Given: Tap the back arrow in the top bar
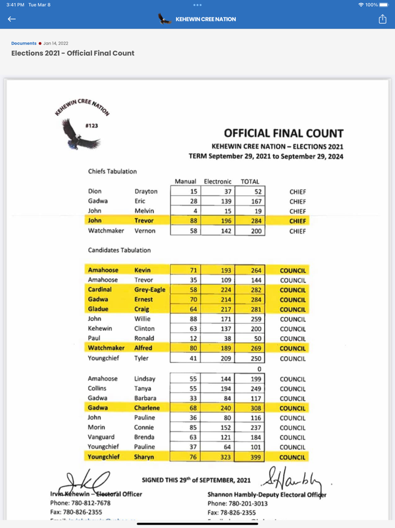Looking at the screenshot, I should (x=12, y=19).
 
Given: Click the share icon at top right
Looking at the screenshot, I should (x=383, y=19).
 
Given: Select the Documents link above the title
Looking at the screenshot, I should (x=24, y=44).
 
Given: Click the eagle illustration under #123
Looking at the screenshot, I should (x=80, y=135).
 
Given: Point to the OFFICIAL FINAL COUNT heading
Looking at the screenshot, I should (x=283, y=134).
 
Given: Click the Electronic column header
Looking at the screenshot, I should (x=217, y=181).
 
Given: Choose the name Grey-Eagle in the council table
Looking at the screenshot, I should (x=150, y=290).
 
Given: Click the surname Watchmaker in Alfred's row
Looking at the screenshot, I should (x=106, y=348).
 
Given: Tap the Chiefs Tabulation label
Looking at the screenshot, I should (x=112, y=171).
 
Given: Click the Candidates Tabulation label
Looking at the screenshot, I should (x=119, y=250).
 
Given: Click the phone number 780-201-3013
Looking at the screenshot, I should (x=249, y=503).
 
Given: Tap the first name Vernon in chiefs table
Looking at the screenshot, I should (x=144, y=231).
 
